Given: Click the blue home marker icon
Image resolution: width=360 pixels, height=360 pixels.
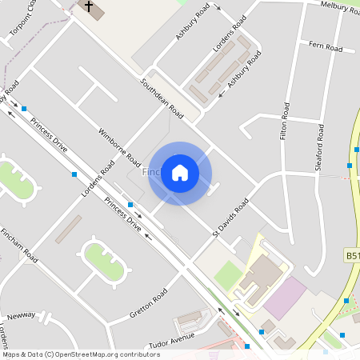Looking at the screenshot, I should (x=180, y=173).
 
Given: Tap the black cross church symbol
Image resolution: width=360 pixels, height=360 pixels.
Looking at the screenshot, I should (x=90, y=10).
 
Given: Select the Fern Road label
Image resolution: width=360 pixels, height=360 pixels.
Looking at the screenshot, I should (x=325, y=49).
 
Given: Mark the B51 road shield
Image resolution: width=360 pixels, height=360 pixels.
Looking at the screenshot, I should (x=353, y=255).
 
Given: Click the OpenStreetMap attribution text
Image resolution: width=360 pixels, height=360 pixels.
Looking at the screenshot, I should (x=80, y=354).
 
